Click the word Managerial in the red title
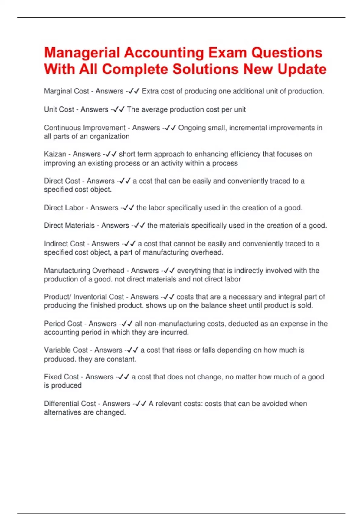point(82,53)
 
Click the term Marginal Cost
point(66,91)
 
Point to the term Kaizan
point(55,154)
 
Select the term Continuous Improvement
point(85,128)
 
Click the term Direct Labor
point(64,208)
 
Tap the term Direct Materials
point(69,226)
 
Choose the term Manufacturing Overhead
point(84,271)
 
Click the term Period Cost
point(63,324)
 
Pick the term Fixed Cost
point(61,377)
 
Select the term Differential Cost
point(70,404)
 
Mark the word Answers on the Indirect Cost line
point(105,244)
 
